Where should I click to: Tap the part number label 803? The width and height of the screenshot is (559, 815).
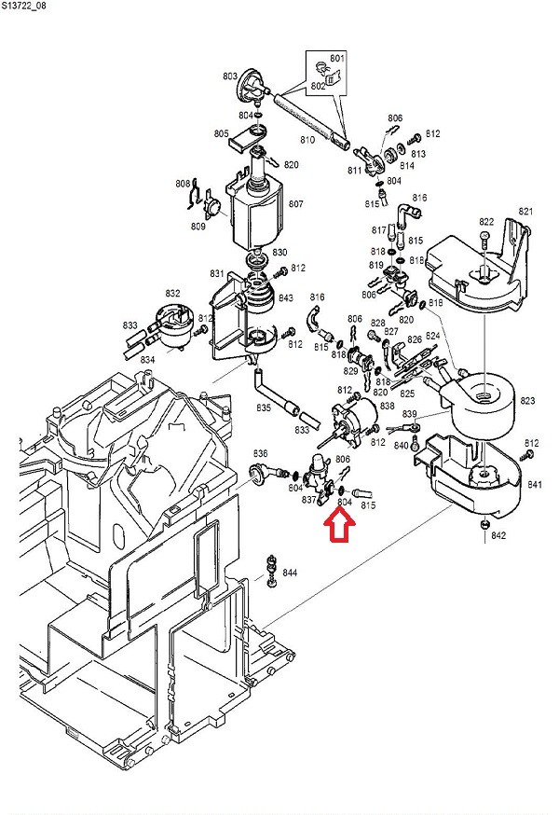pyautogui.click(x=229, y=76)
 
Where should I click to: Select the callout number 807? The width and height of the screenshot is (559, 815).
pyautogui.click(x=296, y=203)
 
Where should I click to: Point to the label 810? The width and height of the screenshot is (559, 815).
pyautogui.click(x=307, y=140)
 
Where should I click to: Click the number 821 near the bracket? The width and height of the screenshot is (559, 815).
pyautogui.click(x=526, y=212)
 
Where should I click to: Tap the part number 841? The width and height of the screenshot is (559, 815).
pyautogui.click(x=535, y=485)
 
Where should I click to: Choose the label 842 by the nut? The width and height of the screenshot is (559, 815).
pyautogui.click(x=498, y=535)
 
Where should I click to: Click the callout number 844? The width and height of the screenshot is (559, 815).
pyautogui.click(x=290, y=572)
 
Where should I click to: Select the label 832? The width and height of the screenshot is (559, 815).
pyautogui.click(x=172, y=293)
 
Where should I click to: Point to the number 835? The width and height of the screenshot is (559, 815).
pyautogui.click(x=264, y=407)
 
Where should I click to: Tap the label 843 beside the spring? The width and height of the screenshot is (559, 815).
pyautogui.click(x=286, y=298)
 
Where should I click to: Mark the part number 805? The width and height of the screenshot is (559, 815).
pyautogui.click(x=221, y=134)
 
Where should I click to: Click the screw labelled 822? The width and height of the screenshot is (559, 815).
pyautogui.click(x=484, y=240)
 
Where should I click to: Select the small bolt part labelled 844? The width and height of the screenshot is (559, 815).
pyautogui.click(x=271, y=569)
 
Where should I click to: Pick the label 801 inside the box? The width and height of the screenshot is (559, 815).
pyautogui.click(x=337, y=59)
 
